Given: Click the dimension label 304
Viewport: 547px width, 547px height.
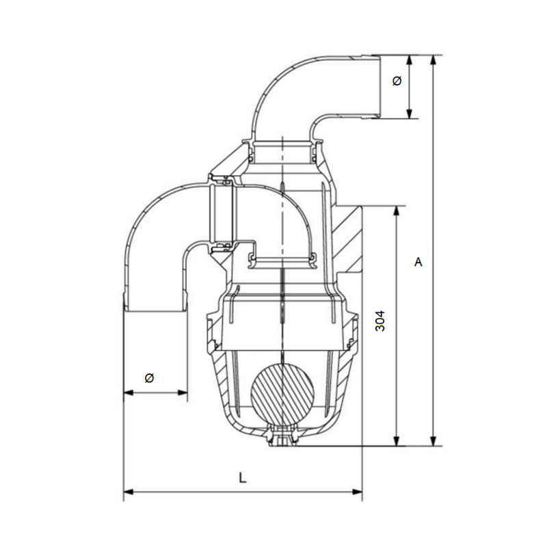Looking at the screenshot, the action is tap(380, 321).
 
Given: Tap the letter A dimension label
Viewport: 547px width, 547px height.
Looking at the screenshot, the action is tap(418, 262).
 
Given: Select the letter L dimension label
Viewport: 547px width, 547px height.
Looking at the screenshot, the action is tap(243, 478).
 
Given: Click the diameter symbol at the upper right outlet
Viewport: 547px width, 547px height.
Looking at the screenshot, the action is tap(397, 81).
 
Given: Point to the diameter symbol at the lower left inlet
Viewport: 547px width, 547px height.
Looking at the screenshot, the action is tap(149, 378).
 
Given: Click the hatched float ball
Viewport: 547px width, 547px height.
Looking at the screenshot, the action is tap(282, 395).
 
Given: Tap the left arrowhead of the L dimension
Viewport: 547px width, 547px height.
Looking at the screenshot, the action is tap(129, 492).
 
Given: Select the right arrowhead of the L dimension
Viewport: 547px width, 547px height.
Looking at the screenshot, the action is tap(358, 492).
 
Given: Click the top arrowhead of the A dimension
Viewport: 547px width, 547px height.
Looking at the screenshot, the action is tap(433, 60).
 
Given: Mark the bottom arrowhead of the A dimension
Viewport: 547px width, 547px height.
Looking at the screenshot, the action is tap(433, 440).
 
